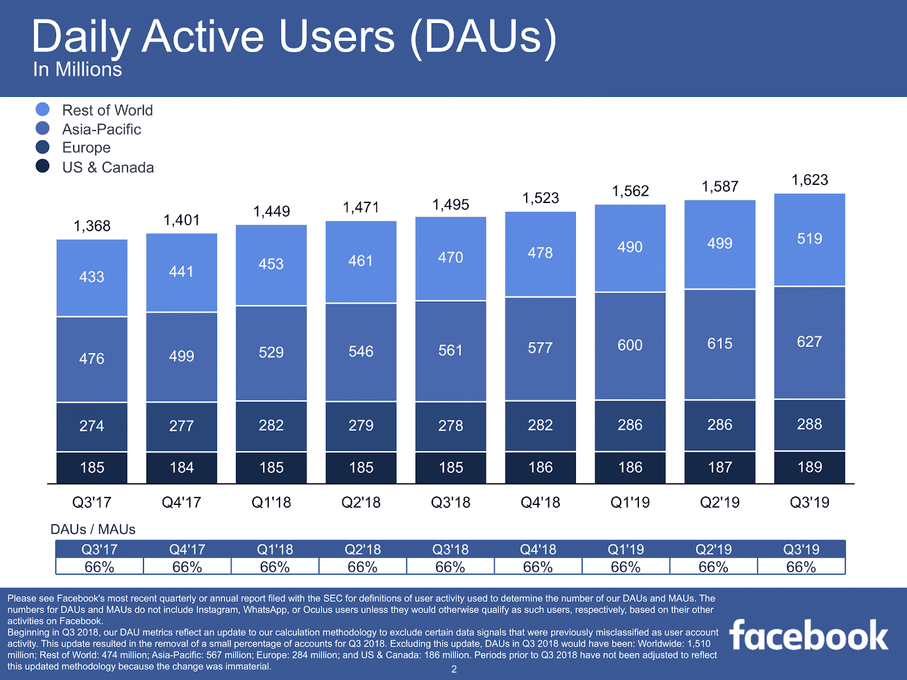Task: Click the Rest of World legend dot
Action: tap(43, 109)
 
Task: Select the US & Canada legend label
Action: tap(108, 167)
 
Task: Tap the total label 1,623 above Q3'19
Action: tap(809, 180)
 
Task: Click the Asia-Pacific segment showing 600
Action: tap(630, 345)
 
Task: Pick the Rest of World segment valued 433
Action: tap(92, 277)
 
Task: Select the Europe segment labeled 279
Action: tap(361, 426)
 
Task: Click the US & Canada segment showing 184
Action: tap(181, 467)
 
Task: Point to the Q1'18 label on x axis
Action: tap(271, 502)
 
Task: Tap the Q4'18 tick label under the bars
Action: tap(540, 502)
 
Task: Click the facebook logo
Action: tap(808, 635)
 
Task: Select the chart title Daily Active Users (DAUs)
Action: tap(294, 37)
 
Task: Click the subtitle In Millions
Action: tap(78, 70)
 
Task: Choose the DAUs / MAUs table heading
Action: tap(93, 529)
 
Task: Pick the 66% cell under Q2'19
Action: tap(713, 567)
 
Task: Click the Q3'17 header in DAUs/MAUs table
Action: tap(99, 549)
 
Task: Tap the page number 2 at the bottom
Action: tap(453, 669)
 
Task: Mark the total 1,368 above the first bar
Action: tap(92, 226)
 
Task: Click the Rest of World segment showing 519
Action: tap(809, 239)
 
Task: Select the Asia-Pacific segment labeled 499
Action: tap(181, 356)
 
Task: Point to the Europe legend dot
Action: tap(43, 147)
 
